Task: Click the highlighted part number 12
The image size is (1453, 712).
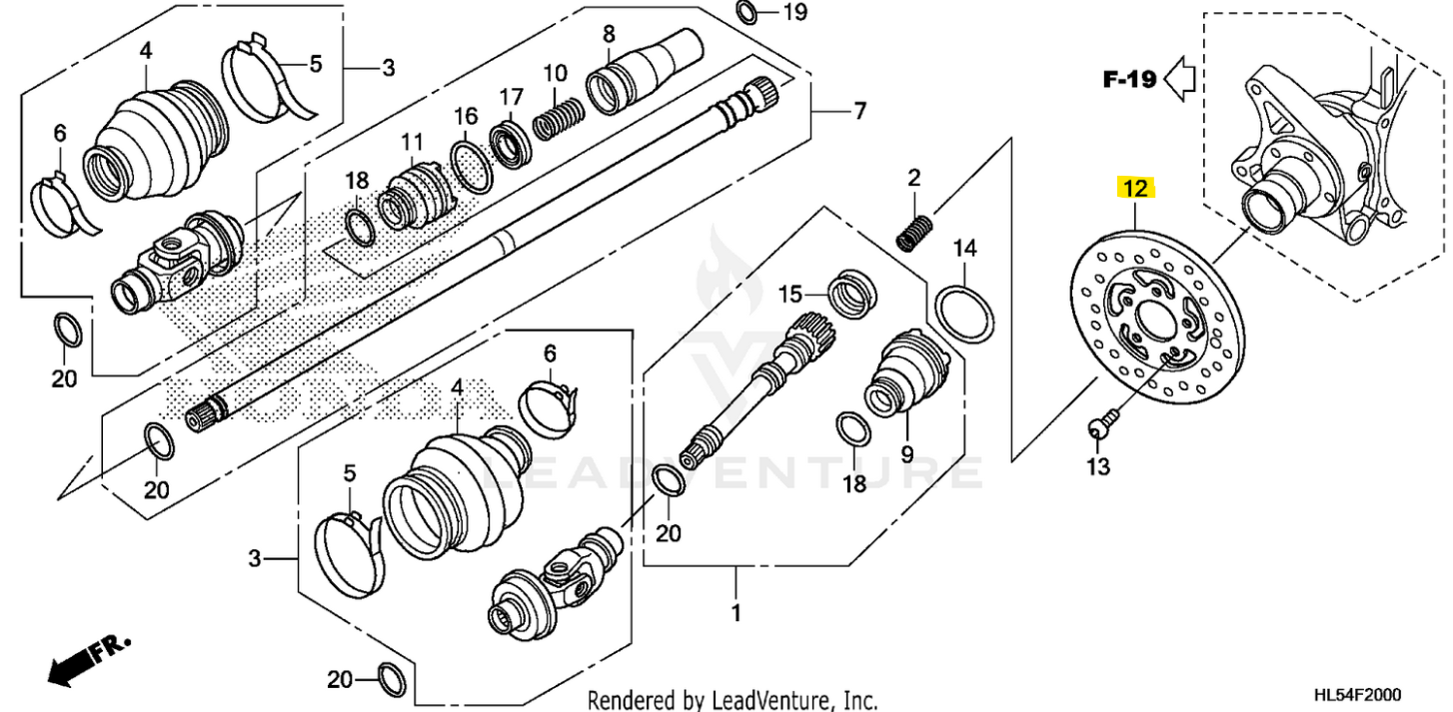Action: (x=1135, y=187)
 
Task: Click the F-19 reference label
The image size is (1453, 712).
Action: (x=1129, y=80)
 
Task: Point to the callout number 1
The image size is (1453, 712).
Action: (x=735, y=612)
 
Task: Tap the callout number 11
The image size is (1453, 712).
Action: (x=413, y=142)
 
